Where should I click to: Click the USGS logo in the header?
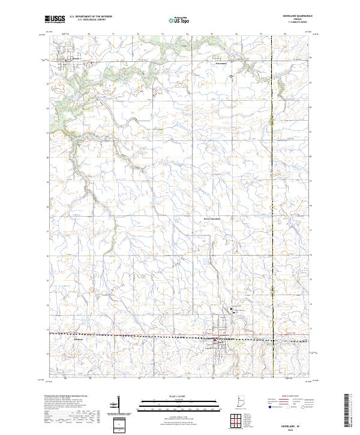click(x=55, y=20)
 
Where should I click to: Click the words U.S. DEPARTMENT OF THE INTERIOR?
click(x=91, y=17)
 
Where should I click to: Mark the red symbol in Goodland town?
click(x=214, y=340)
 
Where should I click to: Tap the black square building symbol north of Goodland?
click(x=233, y=309)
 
